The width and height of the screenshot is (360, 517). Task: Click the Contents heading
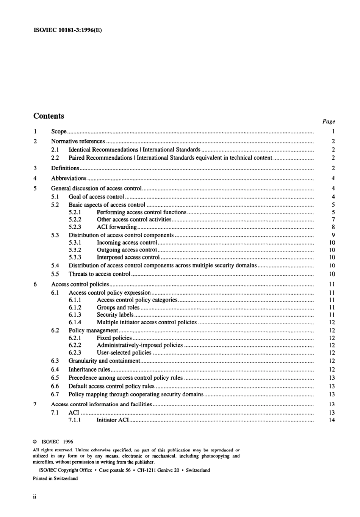49,116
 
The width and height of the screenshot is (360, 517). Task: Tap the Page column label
329,121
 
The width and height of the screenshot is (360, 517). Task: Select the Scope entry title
59,132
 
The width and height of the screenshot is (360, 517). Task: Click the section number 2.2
55,158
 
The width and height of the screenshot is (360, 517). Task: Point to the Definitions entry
65,168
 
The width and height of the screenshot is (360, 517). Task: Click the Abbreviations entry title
69,178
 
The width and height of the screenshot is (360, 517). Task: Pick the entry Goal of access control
96,197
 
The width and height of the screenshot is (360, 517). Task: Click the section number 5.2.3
75,227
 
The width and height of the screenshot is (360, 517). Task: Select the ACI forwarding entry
116,227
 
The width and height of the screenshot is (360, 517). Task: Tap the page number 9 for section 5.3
333,235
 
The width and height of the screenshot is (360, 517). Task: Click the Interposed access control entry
128,257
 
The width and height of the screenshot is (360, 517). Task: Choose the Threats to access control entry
99,274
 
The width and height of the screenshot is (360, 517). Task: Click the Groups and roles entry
118,308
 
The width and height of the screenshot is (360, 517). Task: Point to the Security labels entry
115,315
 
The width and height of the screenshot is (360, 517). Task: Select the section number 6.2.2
75,345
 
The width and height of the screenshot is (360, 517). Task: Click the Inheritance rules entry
89,369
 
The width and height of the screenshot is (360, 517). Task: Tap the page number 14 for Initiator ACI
332,420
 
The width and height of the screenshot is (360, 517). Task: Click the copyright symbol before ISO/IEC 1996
35,442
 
